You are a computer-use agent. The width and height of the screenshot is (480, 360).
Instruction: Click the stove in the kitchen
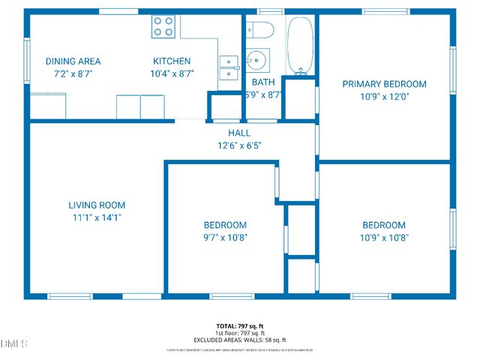click(164, 27)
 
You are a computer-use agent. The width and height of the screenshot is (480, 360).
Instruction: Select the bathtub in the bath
click(301, 45)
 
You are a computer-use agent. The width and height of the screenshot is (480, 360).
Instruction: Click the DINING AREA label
click(73, 61)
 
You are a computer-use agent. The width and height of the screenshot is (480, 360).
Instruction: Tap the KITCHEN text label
click(172, 61)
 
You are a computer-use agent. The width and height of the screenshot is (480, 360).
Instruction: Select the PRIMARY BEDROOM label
click(384, 84)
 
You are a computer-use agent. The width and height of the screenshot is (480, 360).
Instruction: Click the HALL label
click(239, 133)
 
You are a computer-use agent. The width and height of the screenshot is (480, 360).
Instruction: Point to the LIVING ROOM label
click(97, 205)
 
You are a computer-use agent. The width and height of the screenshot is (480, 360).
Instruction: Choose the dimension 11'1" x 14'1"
click(97, 217)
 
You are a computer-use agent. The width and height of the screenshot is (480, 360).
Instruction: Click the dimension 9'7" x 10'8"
click(225, 238)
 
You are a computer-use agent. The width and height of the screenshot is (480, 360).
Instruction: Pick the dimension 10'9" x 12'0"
click(384, 97)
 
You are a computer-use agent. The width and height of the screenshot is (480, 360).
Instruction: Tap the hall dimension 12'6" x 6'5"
click(239, 145)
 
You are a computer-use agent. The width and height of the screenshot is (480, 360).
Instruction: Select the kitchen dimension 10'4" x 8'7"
click(172, 74)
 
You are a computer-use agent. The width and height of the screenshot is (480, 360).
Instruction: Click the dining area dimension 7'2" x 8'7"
click(73, 74)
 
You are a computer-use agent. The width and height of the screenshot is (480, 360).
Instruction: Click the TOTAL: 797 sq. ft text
click(239, 325)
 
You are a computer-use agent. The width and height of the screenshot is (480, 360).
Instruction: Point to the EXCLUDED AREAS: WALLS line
click(239, 340)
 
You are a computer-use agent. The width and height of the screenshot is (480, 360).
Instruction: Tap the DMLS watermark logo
click(13, 343)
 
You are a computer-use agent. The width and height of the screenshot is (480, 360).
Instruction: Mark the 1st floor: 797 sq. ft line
click(239, 333)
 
